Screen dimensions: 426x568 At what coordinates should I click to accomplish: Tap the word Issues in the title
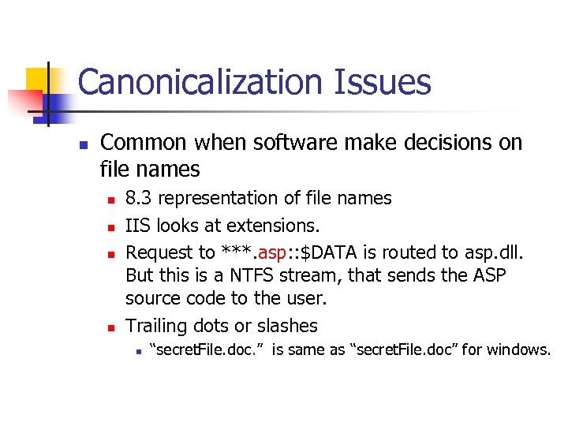point(388,82)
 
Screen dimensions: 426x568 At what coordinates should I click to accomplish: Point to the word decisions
point(427,143)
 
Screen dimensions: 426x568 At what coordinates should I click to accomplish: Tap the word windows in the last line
point(518,349)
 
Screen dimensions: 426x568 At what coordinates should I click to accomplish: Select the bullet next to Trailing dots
point(111,327)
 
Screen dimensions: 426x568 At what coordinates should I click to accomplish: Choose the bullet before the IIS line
point(111,227)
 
